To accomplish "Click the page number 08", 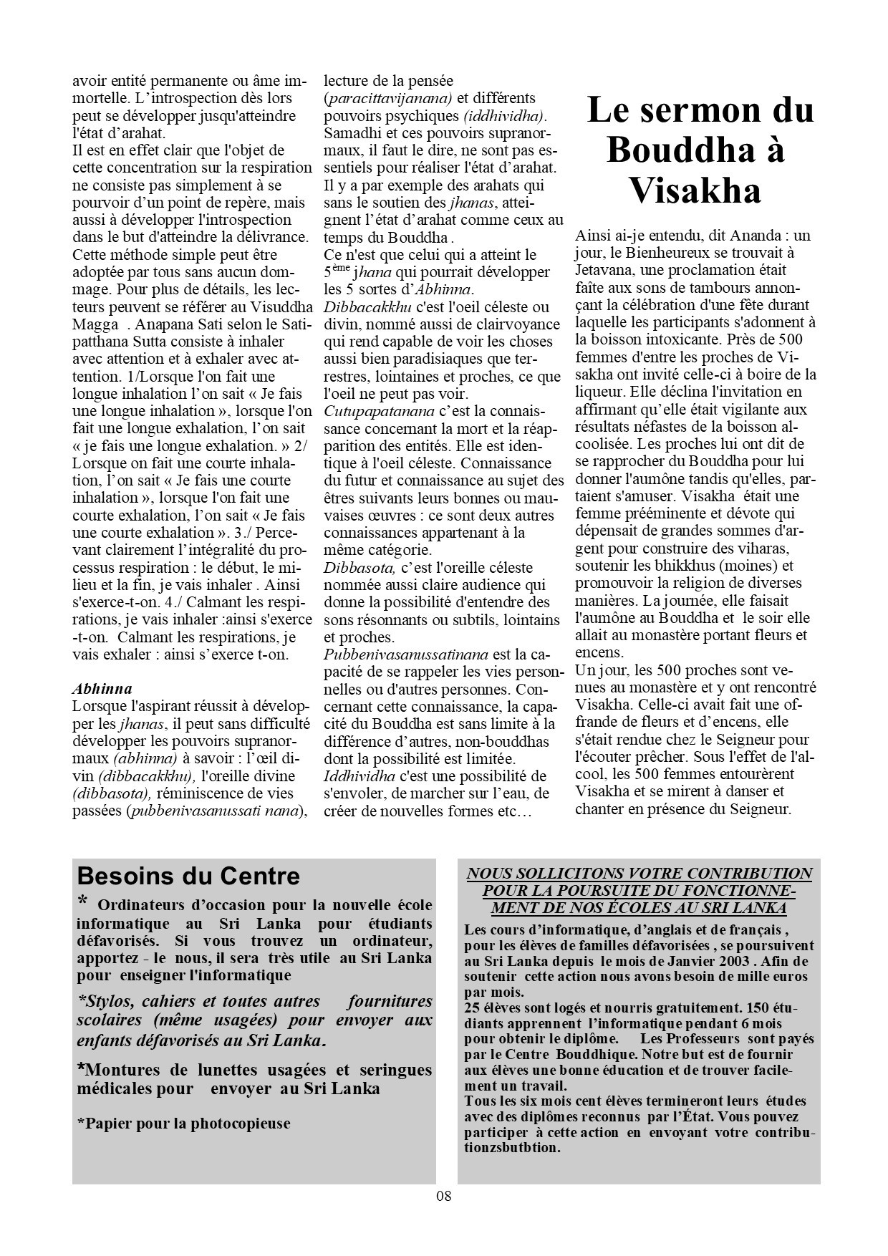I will [x=443, y=1195].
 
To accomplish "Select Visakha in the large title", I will [x=695, y=191].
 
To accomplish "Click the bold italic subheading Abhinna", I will [x=102, y=689].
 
